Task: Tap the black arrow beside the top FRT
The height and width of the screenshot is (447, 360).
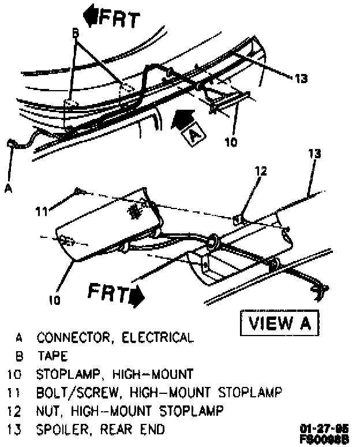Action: (x=91, y=15)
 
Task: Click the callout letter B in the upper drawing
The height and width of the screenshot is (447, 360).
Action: (x=74, y=33)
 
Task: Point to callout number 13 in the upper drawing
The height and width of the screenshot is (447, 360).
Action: (x=301, y=79)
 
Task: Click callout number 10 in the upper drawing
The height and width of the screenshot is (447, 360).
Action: (x=230, y=142)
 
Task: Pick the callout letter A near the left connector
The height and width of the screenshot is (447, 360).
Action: (x=8, y=186)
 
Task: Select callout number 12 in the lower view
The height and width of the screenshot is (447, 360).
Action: (x=261, y=171)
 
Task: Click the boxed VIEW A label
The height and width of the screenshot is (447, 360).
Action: (x=279, y=323)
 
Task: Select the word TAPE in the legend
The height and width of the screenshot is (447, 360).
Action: (x=52, y=356)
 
